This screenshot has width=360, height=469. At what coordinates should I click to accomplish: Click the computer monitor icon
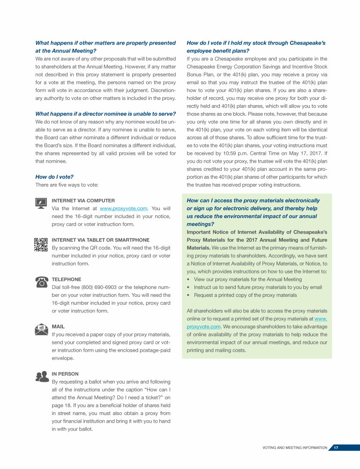[41, 203]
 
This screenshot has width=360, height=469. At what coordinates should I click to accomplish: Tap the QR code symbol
[41, 244]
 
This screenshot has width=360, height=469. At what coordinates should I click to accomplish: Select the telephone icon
[41, 281]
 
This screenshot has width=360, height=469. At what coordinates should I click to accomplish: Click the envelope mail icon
[41, 329]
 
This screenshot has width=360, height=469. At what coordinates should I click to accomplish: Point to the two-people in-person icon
[41, 376]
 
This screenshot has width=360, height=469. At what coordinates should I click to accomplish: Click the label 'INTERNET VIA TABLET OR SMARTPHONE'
[100, 240]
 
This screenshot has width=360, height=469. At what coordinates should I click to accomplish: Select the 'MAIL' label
[58, 326]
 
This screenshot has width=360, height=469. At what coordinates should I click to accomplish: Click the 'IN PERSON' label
[65, 374]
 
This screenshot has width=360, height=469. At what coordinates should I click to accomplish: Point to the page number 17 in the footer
[336, 448]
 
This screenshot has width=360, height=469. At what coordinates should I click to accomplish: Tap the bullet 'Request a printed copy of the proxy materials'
[245, 295]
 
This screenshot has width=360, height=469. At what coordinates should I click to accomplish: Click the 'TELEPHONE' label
[66, 279]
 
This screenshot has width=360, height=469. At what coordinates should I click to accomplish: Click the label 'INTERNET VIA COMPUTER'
[82, 200]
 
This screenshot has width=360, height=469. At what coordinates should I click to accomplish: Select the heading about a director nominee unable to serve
[105, 114]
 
